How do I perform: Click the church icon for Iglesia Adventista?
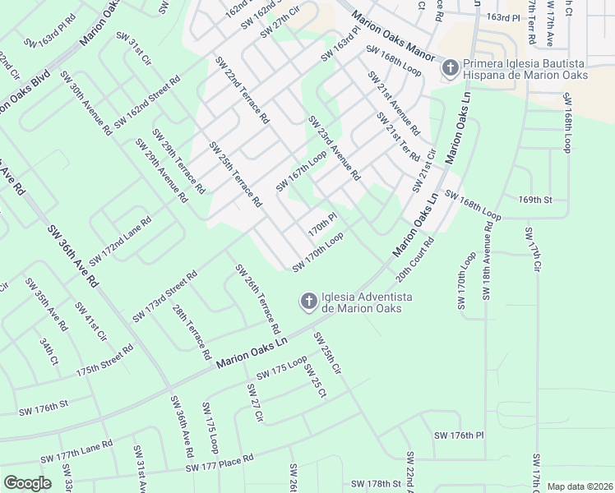(308, 302)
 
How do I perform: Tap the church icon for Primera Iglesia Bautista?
(450, 68)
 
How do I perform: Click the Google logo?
(27, 483)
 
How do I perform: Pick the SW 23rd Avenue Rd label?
(334, 148)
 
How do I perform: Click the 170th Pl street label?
(322, 222)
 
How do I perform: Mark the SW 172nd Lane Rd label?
(120, 241)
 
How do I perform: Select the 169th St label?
(534, 200)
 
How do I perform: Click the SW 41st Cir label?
(90, 321)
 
